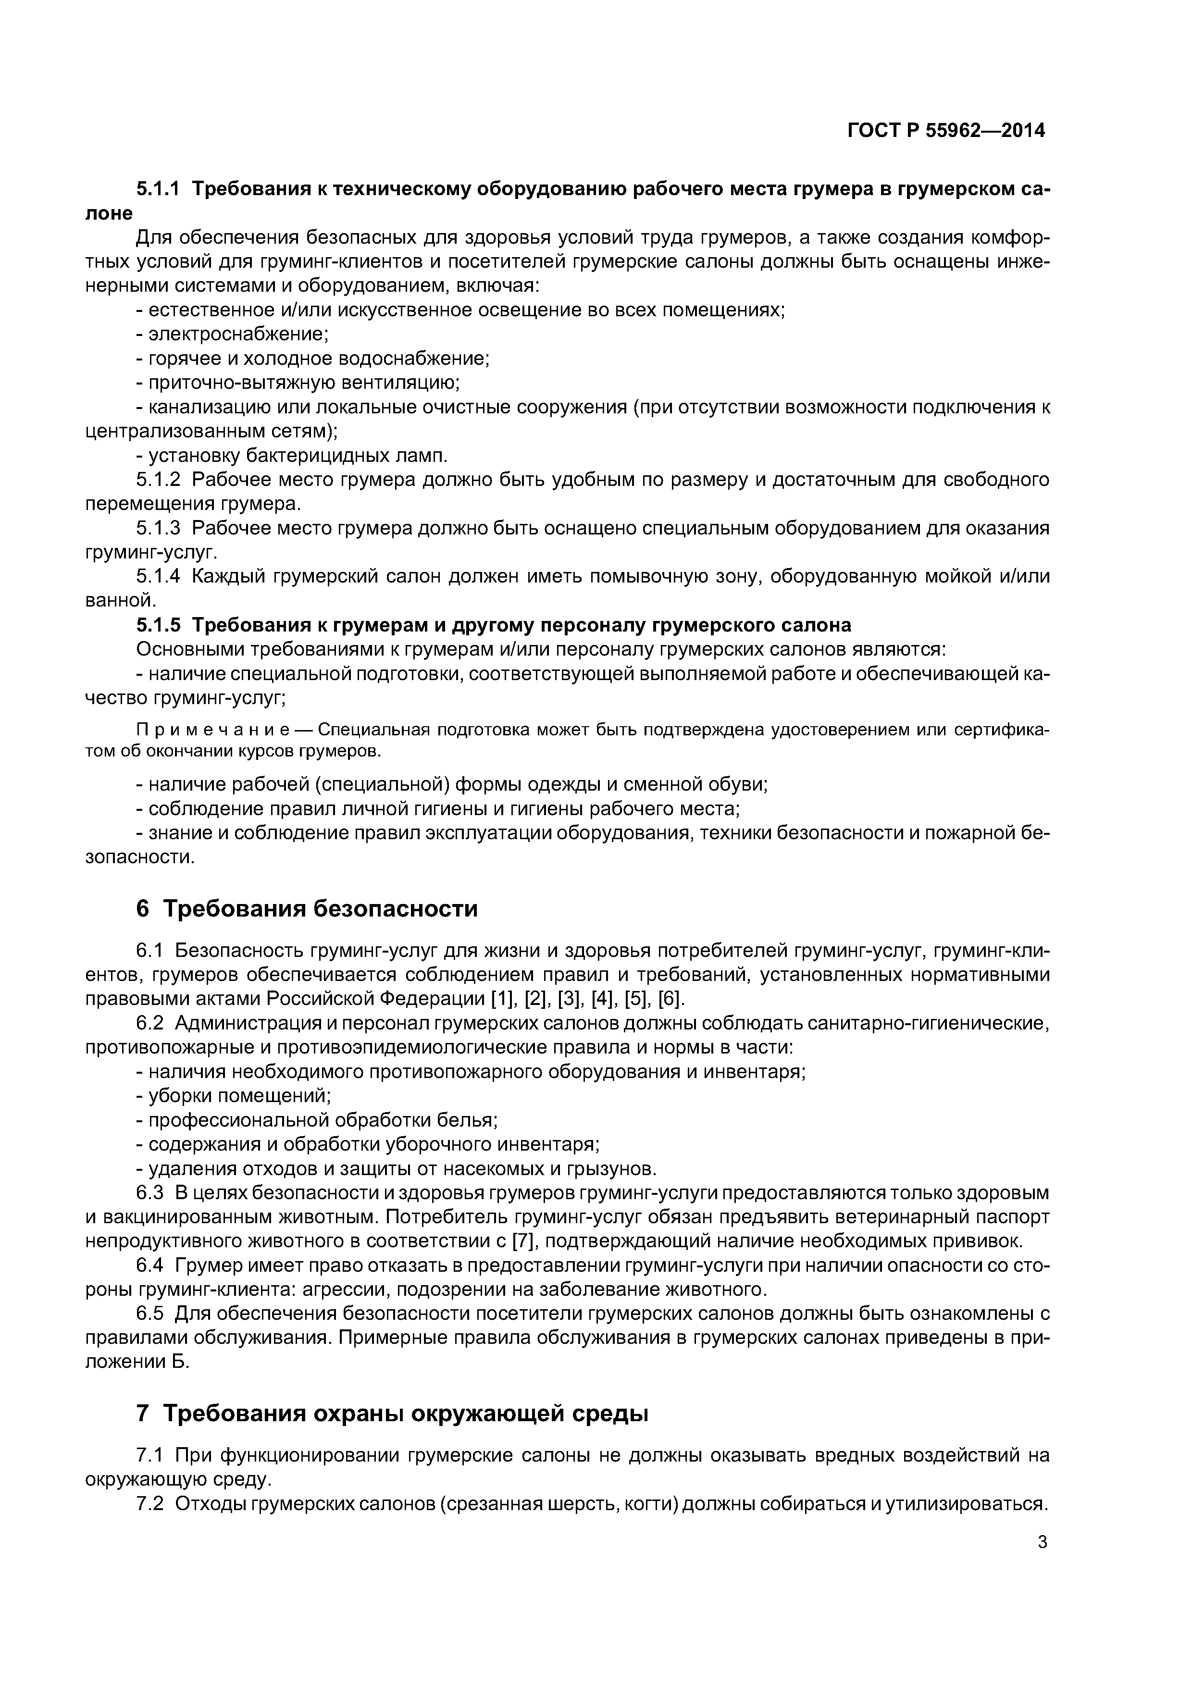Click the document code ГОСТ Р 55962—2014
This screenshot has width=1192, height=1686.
click(946, 131)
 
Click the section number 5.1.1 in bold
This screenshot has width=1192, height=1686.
click(158, 189)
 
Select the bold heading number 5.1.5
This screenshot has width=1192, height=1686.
click(158, 625)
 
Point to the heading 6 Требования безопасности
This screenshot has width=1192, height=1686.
click(307, 908)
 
